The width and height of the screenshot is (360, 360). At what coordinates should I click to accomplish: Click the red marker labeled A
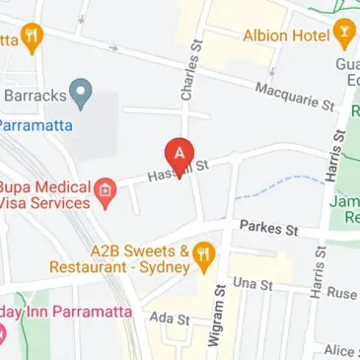tap(179, 154)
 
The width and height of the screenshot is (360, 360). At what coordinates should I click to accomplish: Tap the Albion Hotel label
tap(286, 35)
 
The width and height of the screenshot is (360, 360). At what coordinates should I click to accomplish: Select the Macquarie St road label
tap(295, 96)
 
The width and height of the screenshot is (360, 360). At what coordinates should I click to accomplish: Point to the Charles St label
tap(187, 72)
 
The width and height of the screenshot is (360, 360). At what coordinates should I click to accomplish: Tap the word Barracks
tap(36, 97)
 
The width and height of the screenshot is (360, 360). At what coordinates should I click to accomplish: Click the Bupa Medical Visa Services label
tap(46, 194)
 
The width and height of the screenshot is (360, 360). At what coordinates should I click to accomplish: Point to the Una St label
tap(253, 284)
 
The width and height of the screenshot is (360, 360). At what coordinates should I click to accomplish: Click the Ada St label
tap(169, 318)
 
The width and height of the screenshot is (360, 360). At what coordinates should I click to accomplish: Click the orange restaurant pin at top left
tap(35, 38)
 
